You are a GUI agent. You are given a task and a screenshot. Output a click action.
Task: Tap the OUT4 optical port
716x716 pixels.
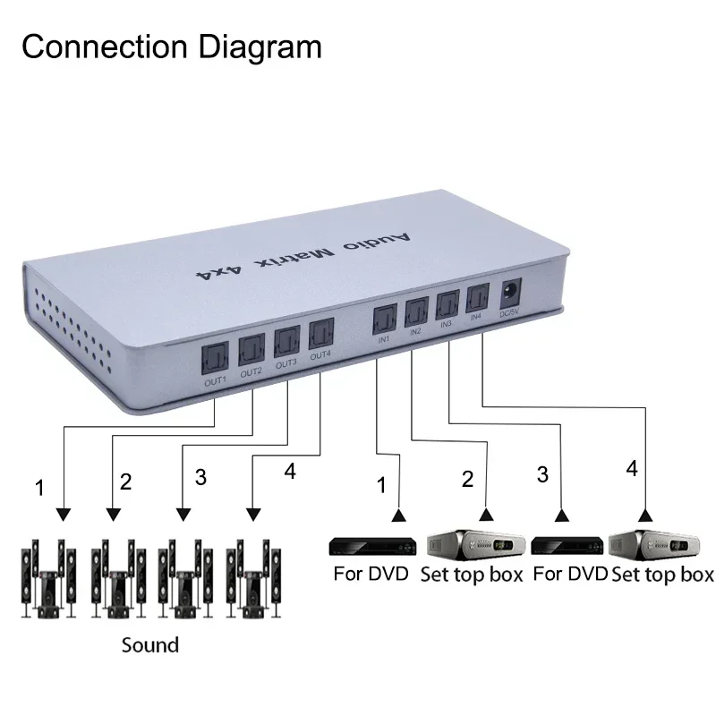tap(320, 335)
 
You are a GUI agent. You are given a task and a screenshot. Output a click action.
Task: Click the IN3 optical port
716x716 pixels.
tap(447, 305)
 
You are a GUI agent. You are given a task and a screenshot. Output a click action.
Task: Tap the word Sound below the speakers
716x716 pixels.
tap(150, 644)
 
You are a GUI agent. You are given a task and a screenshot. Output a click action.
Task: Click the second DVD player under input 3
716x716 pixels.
tap(567, 546)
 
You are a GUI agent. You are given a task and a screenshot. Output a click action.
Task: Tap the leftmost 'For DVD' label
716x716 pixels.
tap(371, 574)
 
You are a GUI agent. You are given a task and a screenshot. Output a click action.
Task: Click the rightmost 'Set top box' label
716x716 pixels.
tap(663, 574)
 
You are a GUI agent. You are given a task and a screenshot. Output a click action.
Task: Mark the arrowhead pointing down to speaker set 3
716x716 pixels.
tap(183, 516)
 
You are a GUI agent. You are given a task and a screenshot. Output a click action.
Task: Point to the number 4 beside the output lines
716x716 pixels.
tap(289, 473)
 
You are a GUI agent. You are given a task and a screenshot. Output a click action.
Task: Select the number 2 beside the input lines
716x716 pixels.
tap(466, 479)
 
